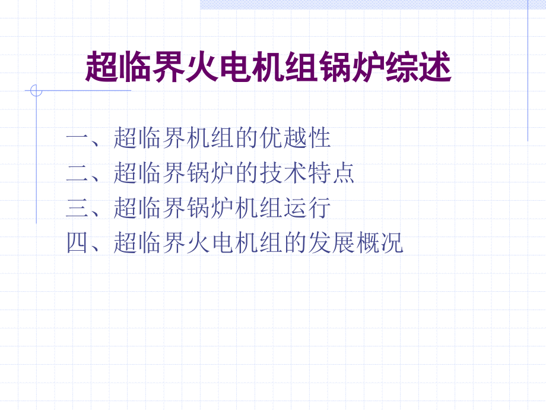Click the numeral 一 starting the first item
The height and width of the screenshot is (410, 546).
click(77, 139)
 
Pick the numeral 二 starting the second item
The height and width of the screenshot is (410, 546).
click(77, 174)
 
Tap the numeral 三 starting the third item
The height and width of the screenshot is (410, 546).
click(77, 209)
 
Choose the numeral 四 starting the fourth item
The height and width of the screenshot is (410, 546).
click(77, 243)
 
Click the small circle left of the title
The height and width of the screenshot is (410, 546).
click(36, 91)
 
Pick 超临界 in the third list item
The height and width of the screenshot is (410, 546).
click(149, 209)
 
